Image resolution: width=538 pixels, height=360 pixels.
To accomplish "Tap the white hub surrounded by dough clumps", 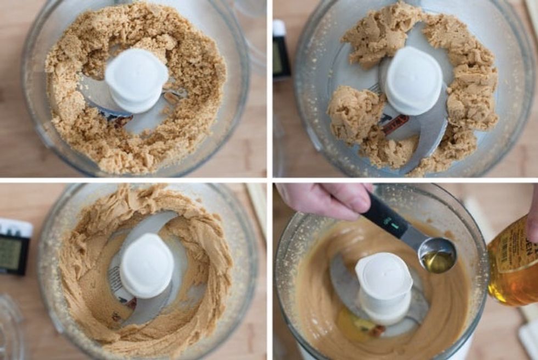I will coord(413,81).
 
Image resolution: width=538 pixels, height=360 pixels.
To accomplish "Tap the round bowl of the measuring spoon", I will coord(437,255).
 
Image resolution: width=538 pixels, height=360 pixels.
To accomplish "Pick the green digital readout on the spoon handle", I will coord(393,223).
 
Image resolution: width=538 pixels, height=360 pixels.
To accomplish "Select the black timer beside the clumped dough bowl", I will coord(281,50).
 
